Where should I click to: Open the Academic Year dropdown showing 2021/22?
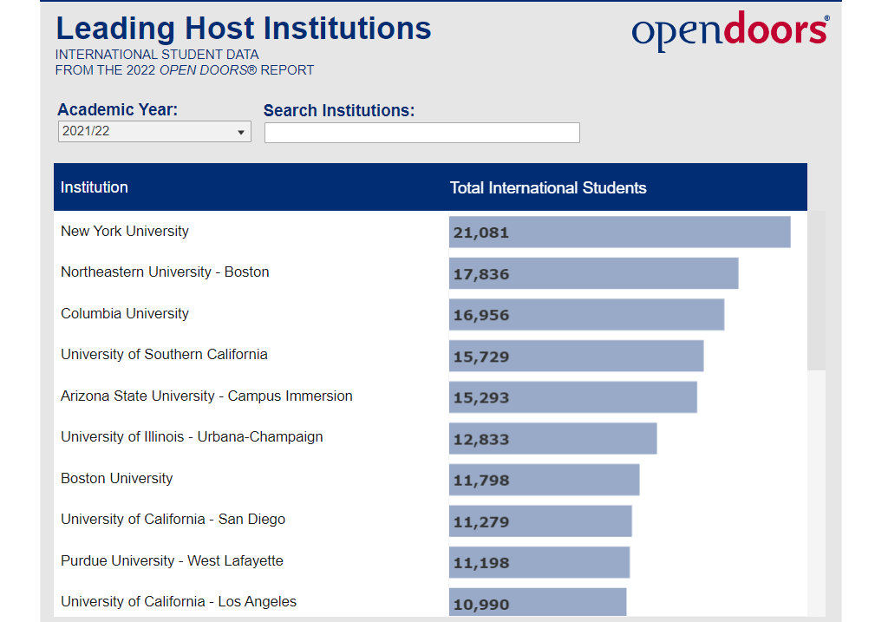click(x=154, y=132)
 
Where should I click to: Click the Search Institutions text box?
click(x=421, y=133)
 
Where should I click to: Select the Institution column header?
click(x=95, y=187)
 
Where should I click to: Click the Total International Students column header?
click(x=548, y=187)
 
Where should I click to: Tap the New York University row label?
click(x=125, y=231)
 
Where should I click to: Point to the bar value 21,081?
click(x=481, y=232)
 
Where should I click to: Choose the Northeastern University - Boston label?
click(x=165, y=272)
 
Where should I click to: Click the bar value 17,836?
click(x=481, y=274)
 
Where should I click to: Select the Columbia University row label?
click(x=125, y=313)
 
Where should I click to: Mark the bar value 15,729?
click(x=481, y=357)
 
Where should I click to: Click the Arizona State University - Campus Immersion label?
click(x=206, y=396)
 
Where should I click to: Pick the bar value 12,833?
click(x=481, y=439)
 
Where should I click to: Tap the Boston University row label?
click(x=117, y=478)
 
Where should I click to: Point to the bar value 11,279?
click(x=481, y=522)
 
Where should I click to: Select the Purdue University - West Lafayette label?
click(x=172, y=560)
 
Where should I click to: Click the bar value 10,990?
click(x=481, y=605)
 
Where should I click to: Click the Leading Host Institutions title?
click(x=244, y=29)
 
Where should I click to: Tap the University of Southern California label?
click(x=164, y=354)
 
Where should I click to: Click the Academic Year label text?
click(x=117, y=110)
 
